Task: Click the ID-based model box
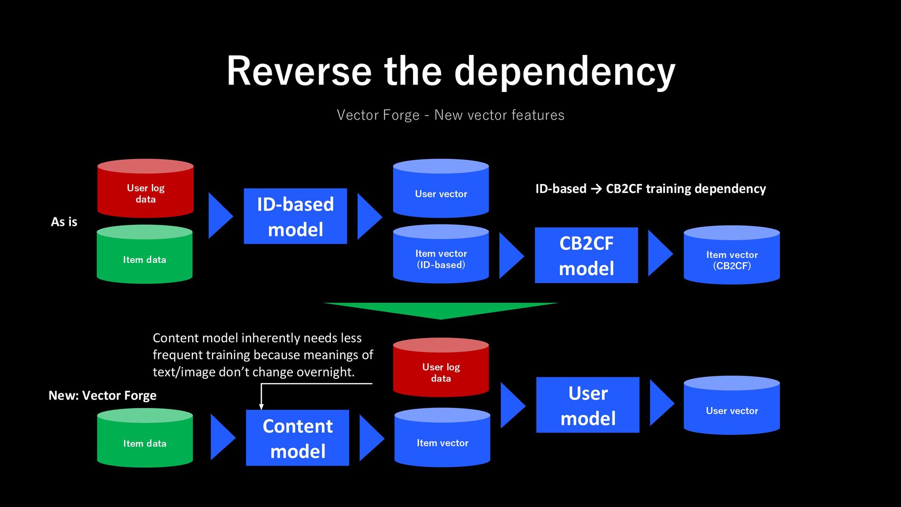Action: (295, 216)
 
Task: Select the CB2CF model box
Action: (586, 255)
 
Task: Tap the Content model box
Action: (298, 438)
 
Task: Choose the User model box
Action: (588, 405)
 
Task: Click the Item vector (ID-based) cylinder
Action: (441, 254)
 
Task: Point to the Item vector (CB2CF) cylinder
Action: (732, 255)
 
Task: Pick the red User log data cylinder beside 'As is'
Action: (145, 188)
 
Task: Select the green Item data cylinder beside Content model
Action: (145, 438)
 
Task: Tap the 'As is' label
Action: (64, 222)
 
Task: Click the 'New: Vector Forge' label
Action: (102, 396)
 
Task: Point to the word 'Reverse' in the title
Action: (299, 71)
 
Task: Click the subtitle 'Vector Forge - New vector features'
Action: (450, 115)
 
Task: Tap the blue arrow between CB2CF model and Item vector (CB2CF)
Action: (661, 253)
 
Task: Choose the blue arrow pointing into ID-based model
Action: (221, 215)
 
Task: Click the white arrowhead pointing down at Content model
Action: (261, 407)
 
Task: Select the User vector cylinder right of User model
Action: (732, 405)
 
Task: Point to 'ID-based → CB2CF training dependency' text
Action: (650, 189)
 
